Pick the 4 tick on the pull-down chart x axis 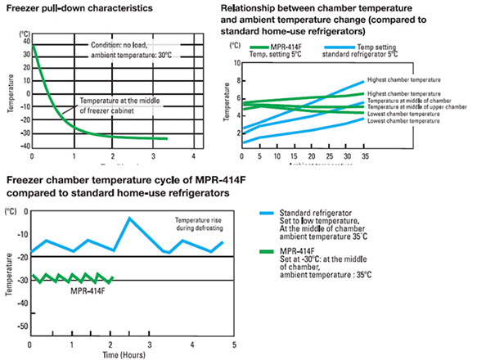(193, 156)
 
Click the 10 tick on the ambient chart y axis (236, 62)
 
